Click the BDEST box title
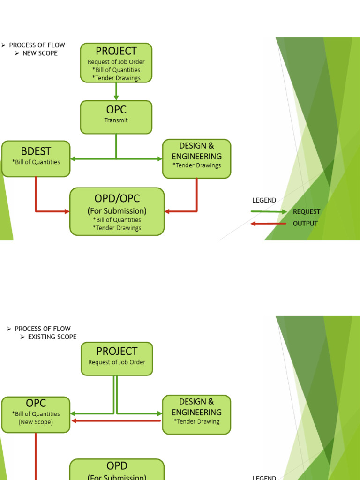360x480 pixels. pos(36,151)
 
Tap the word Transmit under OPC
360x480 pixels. pos(116,120)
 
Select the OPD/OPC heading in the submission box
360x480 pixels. pos(117,198)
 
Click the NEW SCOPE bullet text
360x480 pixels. pos(40,53)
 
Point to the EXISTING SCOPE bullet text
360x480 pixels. pos(52,337)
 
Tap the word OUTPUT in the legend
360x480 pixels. pos(305,224)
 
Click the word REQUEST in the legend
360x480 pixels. pos(307,212)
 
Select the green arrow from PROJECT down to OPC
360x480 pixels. pos(116,91)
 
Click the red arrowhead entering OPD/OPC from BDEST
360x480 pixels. pos(67,211)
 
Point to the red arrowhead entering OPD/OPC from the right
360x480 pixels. pos(167,211)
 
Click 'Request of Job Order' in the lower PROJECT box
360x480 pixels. pos(117,362)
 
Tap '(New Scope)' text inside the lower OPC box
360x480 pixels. pos(36,422)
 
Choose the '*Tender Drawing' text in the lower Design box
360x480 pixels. pos(196,422)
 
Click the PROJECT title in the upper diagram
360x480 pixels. pos(116,51)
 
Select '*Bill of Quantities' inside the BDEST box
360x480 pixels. pos(36,162)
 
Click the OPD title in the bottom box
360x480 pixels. pos(117,466)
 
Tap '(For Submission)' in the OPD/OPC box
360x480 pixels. pos(117,211)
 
